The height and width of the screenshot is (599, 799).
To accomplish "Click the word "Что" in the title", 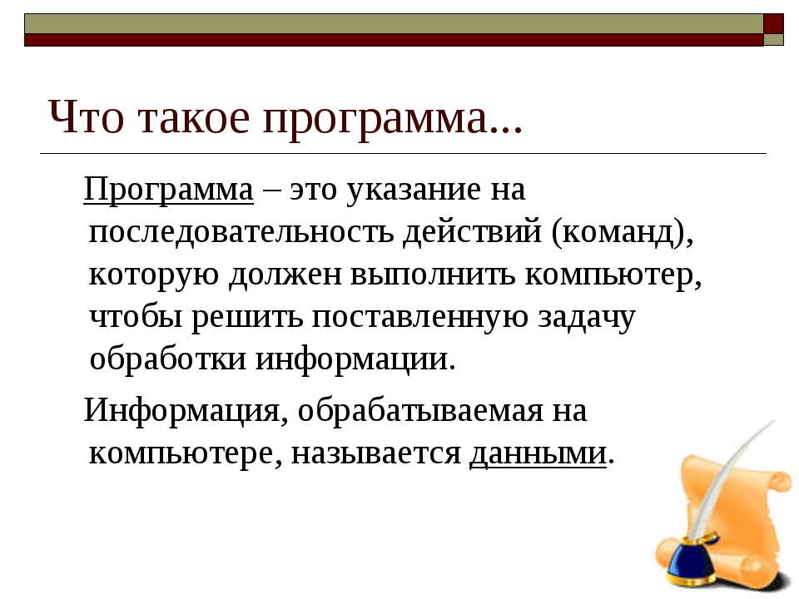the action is (86, 116).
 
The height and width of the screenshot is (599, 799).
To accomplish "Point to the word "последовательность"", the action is (241, 232).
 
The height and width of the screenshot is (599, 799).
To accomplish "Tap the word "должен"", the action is (285, 275).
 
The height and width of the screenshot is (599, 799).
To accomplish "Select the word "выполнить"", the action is (433, 275).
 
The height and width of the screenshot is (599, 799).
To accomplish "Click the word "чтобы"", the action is (136, 316).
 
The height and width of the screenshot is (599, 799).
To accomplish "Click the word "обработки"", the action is (167, 358).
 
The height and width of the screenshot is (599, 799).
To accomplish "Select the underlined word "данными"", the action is (538, 453).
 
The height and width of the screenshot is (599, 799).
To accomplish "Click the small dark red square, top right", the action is (773, 24).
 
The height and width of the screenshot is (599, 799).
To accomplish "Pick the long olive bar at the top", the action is (394, 24).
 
